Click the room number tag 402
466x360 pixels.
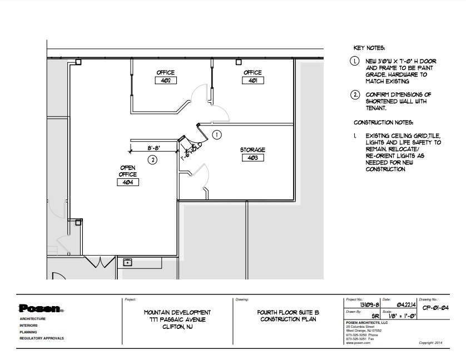pyautogui.click(x=166, y=81)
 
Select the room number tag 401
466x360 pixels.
pyautogui.click(x=252, y=81)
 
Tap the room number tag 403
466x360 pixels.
pyautogui.click(x=252, y=158)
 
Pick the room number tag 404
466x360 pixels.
pyautogui.click(x=128, y=182)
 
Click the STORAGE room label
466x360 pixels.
pyautogui.click(x=252, y=150)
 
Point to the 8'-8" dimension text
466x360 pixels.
pyautogui.click(x=154, y=148)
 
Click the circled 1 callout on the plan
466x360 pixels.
pyautogui.click(x=217, y=134)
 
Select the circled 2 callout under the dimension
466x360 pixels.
pyautogui.click(x=152, y=160)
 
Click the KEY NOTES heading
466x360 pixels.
pyautogui.click(x=369, y=48)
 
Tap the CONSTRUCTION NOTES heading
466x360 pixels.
pyautogui.click(x=383, y=122)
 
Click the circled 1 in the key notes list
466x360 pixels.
pyautogui.click(x=355, y=61)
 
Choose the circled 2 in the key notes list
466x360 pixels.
pyautogui.click(x=355, y=95)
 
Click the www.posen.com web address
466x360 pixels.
pyautogui.click(x=358, y=343)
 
